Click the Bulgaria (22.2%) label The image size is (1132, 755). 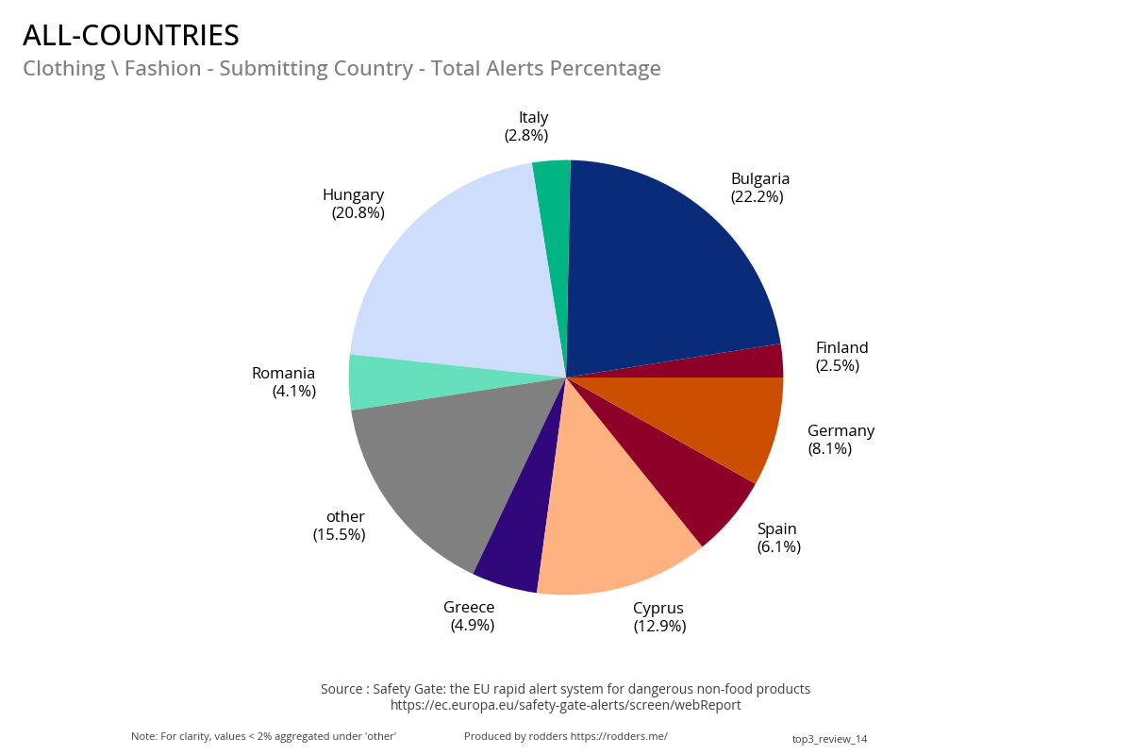759,188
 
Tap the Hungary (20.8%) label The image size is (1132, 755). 354,204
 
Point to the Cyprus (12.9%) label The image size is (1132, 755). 658,617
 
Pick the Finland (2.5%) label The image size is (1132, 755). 841,357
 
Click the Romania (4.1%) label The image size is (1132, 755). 285,382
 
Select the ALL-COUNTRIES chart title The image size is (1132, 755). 131,36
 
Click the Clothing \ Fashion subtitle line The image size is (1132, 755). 341,69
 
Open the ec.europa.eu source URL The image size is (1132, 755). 565,705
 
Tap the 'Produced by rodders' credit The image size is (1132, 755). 565,736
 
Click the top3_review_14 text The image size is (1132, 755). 829,739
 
